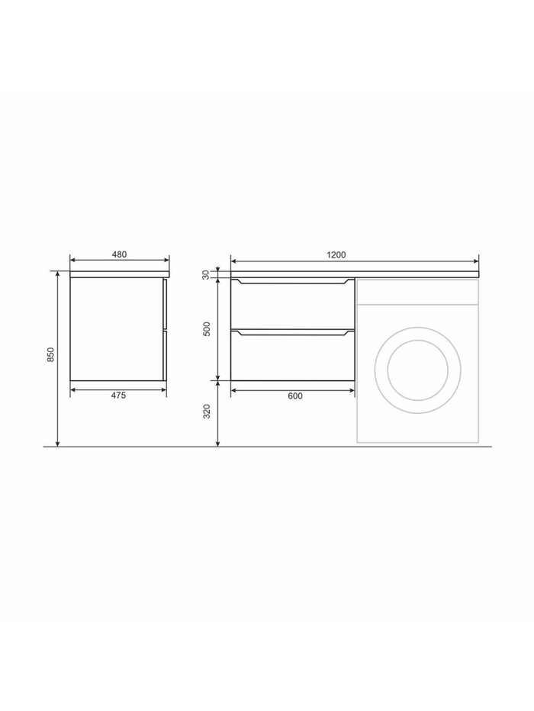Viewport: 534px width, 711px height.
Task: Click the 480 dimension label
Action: [119, 255]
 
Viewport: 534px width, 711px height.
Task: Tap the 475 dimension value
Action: [118, 396]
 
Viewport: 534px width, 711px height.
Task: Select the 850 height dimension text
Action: [51, 354]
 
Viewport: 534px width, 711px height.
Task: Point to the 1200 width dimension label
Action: [336, 255]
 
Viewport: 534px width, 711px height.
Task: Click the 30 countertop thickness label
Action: [206, 275]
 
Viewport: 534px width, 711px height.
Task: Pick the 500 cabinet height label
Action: [207, 328]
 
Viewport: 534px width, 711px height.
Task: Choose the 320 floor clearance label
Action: [207, 412]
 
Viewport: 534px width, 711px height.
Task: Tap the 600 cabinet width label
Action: [295, 396]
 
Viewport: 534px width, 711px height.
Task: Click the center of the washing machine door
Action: [418, 370]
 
